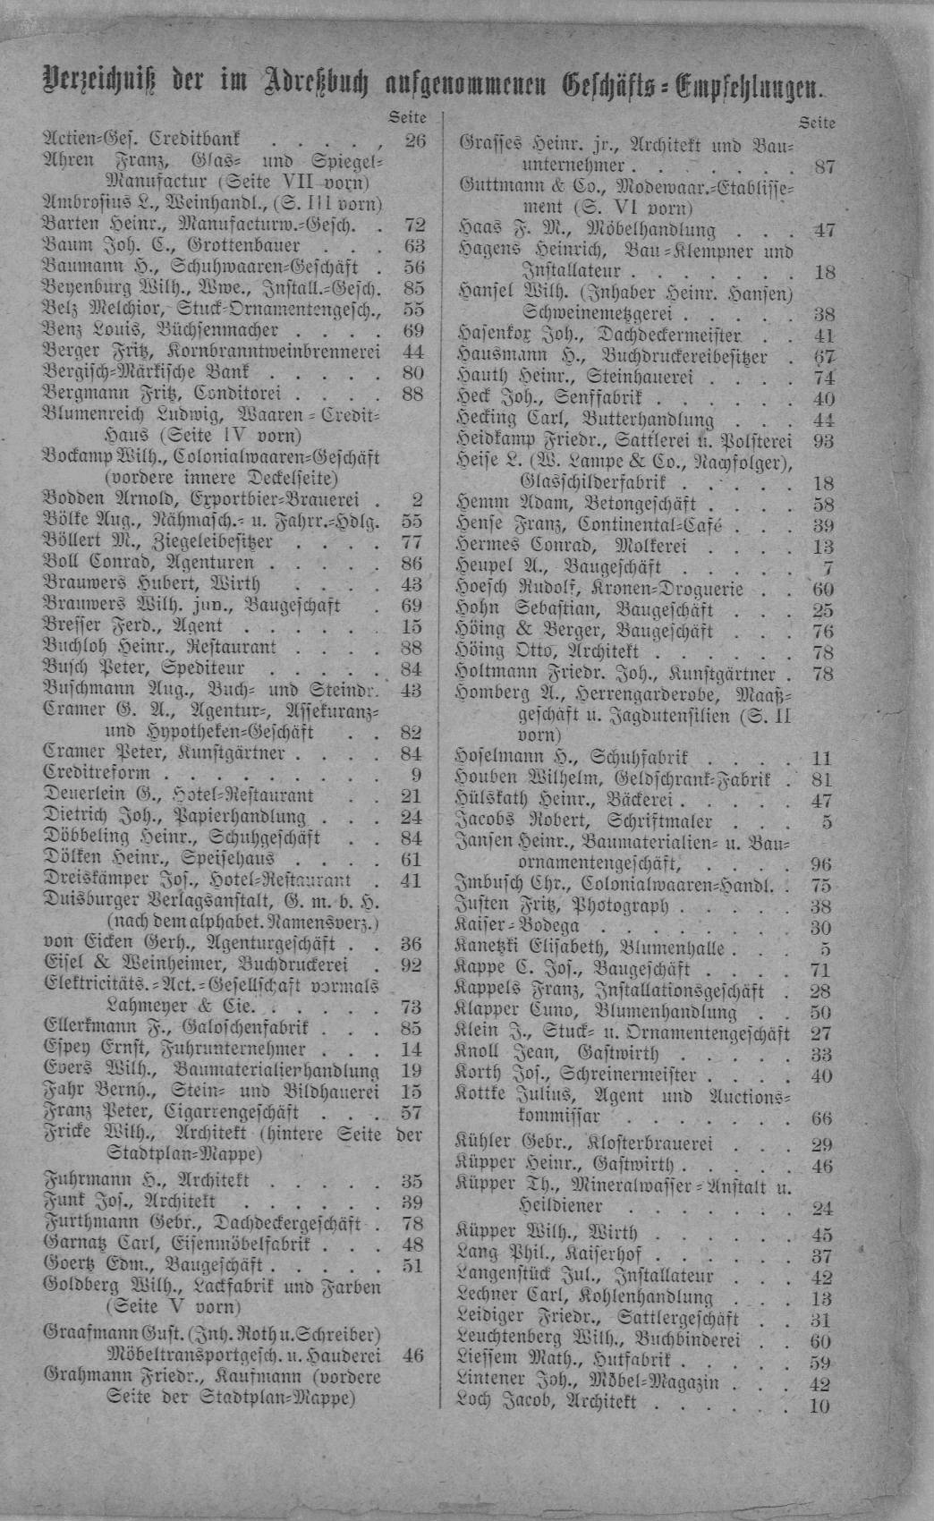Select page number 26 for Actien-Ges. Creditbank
[414, 140]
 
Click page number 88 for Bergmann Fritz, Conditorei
[412, 394]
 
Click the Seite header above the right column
[818, 123]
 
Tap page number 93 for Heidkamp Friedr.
[822, 441]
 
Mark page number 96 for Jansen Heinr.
[820, 864]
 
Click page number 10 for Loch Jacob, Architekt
[819, 1406]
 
